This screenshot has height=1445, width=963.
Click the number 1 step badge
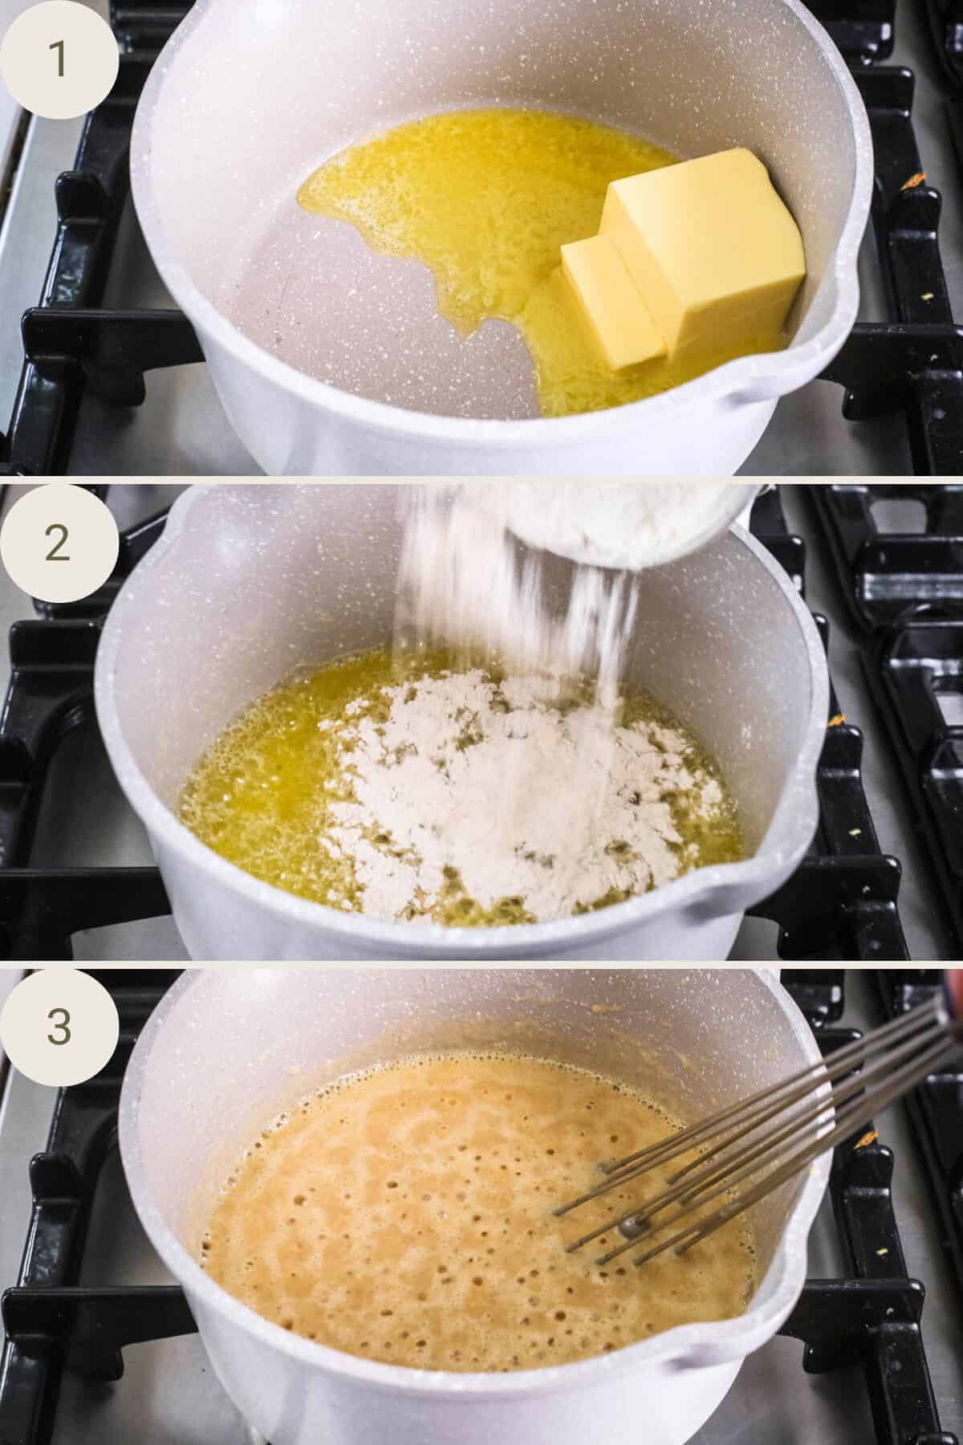coord(59,60)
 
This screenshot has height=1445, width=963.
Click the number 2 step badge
coord(59,543)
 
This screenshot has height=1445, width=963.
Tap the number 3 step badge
coord(59,1024)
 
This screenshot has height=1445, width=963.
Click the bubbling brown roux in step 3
coord(401,1204)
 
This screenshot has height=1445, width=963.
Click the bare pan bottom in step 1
coord(321,321)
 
